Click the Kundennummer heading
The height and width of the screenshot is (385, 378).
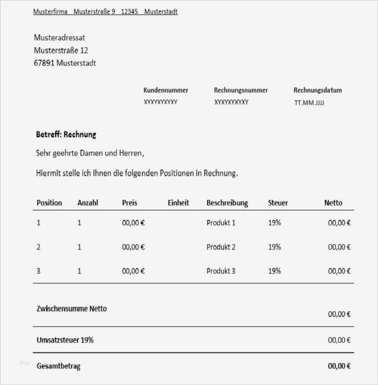[x=166, y=91]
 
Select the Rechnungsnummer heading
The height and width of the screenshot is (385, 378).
[x=241, y=91]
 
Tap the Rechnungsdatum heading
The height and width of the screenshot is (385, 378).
[x=317, y=91]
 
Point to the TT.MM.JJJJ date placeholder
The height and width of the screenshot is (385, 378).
[x=309, y=103]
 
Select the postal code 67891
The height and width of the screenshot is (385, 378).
[x=44, y=63]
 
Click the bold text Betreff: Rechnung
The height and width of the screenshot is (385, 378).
[x=66, y=134]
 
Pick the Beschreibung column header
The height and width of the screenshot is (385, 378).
[x=227, y=203]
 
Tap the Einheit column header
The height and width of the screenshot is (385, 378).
[x=178, y=203]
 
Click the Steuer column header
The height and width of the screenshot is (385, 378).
[x=278, y=203]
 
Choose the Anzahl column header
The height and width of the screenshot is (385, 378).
[x=88, y=203]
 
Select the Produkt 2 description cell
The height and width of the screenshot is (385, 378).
[x=221, y=247]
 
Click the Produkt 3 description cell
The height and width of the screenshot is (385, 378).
[x=221, y=271]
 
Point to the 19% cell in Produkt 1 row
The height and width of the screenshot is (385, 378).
[x=274, y=223]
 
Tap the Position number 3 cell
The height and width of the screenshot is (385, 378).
[x=39, y=271]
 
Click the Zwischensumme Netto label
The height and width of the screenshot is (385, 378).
[x=72, y=309]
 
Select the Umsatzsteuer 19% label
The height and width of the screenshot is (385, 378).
[x=65, y=340]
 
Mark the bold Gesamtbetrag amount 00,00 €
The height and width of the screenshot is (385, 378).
[x=339, y=366]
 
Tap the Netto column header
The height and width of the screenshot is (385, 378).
[x=333, y=203]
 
